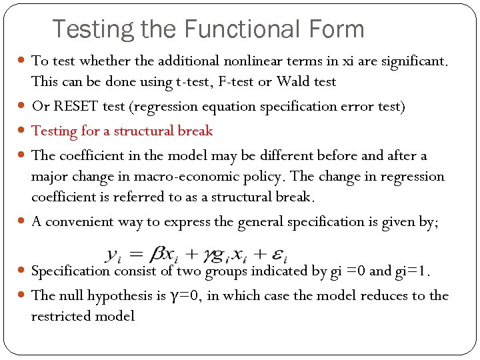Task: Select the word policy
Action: pyautogui.click(x=266, y=177)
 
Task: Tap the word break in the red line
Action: pyautogui.click(x=197, y=131)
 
